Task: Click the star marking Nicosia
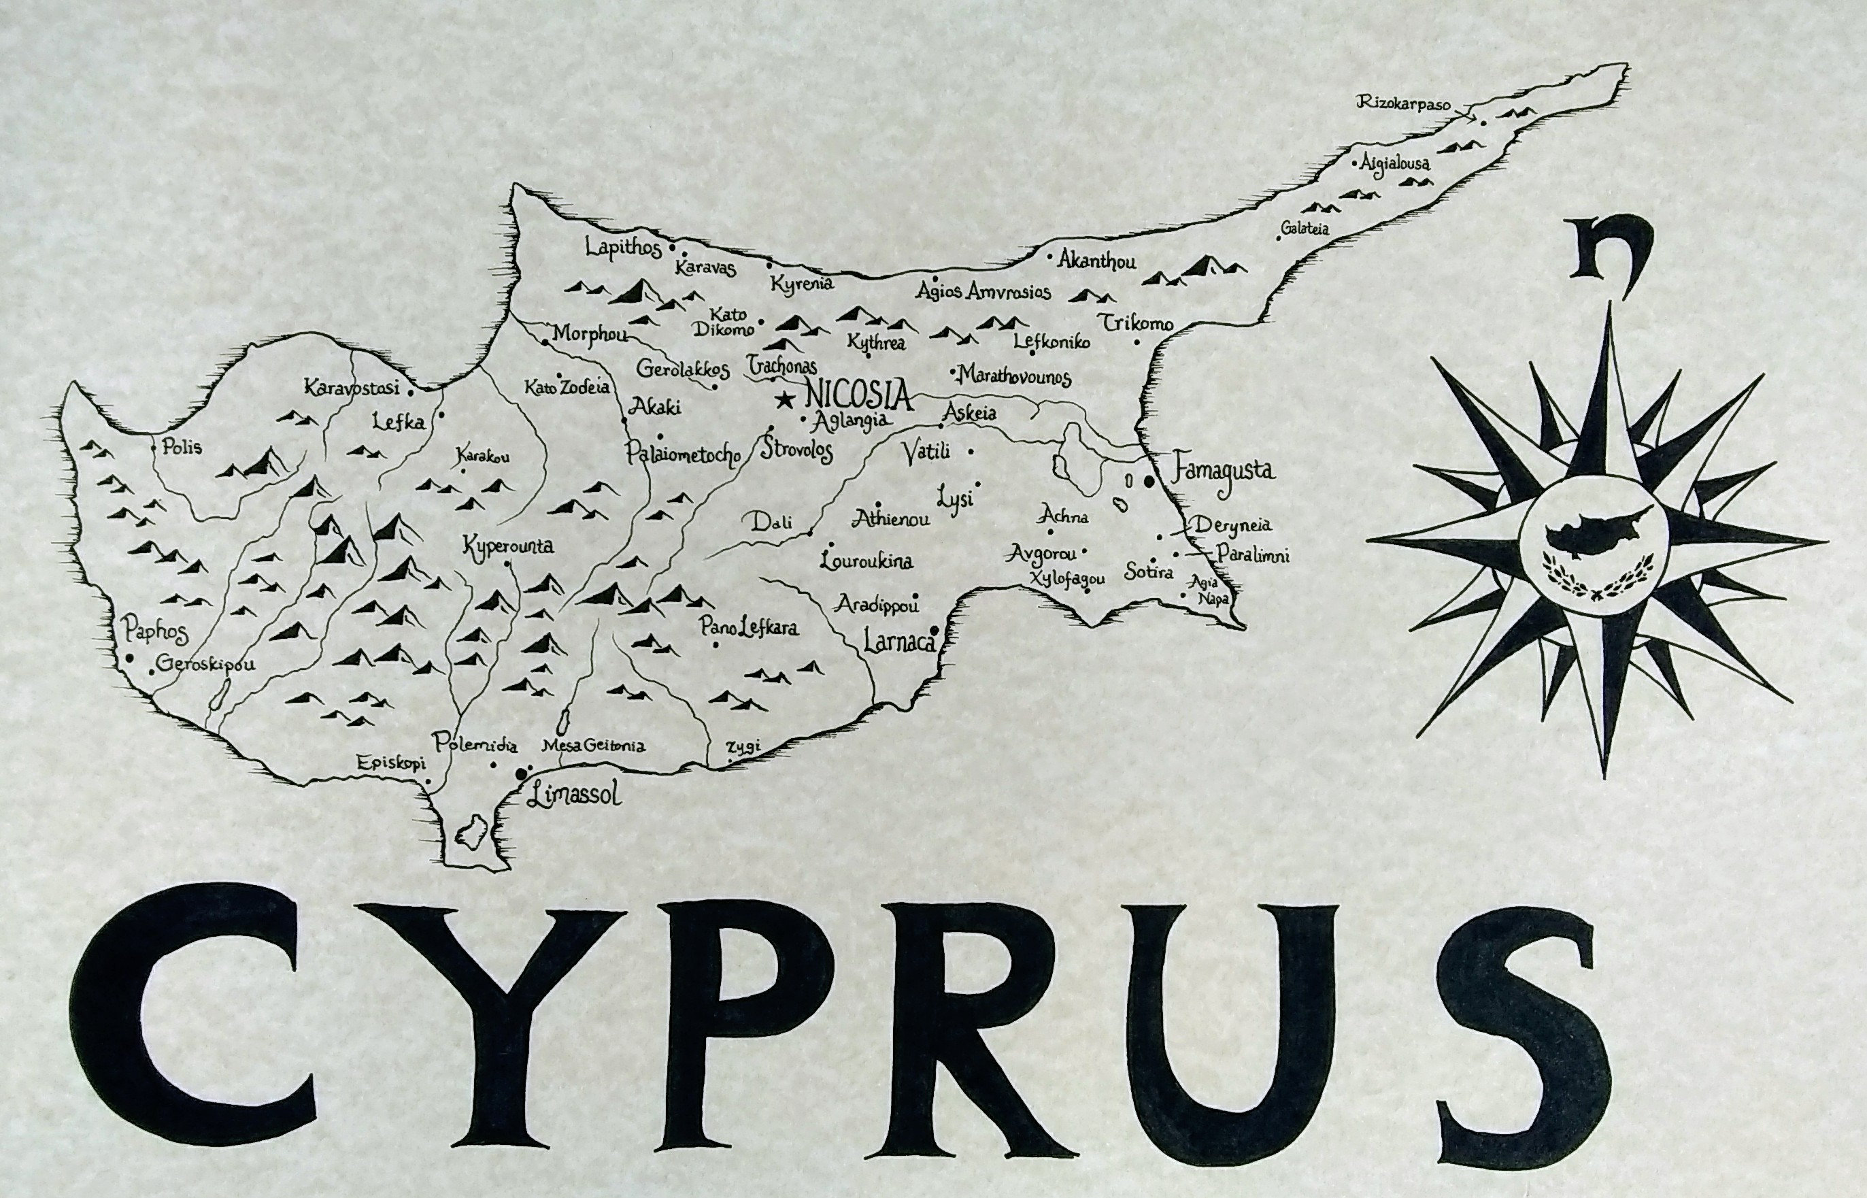(785, 401)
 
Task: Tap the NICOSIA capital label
(858, 395)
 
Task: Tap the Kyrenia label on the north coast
(802, 283)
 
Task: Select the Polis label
(182, 448)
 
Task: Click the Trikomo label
(1134, 323)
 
